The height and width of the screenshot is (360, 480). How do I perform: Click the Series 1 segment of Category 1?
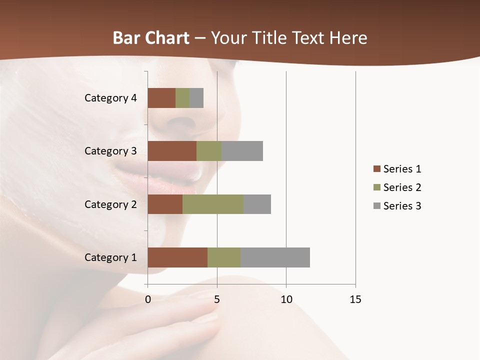coord(177,257)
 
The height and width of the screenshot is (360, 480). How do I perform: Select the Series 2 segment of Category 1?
coord(224,257)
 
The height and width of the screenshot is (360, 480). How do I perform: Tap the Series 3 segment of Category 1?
coord(275,257)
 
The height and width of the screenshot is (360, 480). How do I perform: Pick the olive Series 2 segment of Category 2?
coord(213,204)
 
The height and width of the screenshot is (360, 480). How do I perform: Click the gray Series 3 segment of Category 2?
coord(257,204)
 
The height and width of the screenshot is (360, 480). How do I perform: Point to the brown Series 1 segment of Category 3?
coord(172,151)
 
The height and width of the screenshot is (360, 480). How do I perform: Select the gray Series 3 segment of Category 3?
coord(242,151)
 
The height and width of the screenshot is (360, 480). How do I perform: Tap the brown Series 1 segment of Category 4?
coord(161,98)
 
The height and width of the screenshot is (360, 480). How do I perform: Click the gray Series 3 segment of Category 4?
coord(196,98)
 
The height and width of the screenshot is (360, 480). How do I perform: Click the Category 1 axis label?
coord(110,257)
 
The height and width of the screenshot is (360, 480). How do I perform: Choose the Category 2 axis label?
coord(110,204)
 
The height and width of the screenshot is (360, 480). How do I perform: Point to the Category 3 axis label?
coord(110,151)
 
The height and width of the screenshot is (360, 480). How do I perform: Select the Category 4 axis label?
coord(110,98)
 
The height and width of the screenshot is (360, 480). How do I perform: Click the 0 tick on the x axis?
coord(148,299)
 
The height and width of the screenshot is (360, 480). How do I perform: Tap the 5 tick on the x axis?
coord(217,299)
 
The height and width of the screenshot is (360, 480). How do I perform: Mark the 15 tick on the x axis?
coord(355,299)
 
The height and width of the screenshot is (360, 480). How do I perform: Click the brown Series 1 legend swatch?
coord(376,169)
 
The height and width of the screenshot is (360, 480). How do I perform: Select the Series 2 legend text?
coord(402,187)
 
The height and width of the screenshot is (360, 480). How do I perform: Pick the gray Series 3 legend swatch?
coord(376,206)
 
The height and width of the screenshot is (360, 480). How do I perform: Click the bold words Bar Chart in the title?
coord(150,38)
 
